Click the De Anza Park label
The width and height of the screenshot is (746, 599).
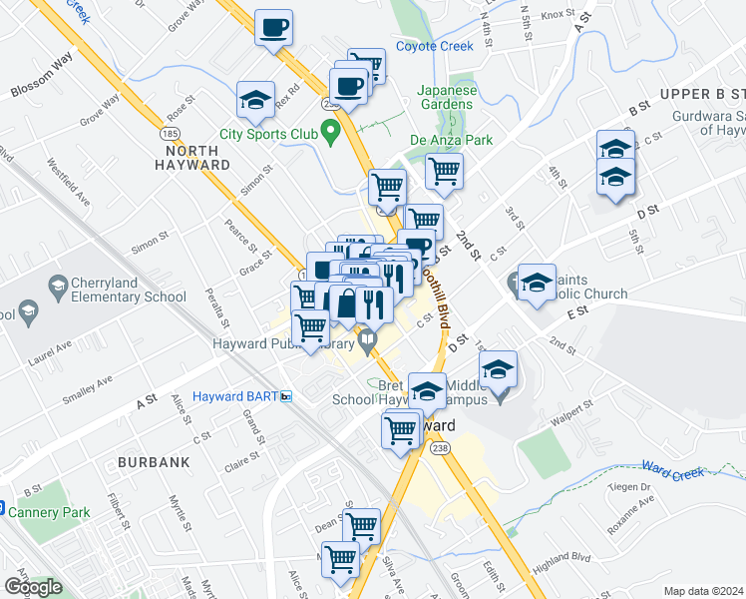452,141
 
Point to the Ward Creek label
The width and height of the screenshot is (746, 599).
672,467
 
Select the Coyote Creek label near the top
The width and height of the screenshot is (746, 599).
434,46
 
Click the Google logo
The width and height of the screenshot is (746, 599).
32,587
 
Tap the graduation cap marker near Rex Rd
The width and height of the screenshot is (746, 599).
256,100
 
